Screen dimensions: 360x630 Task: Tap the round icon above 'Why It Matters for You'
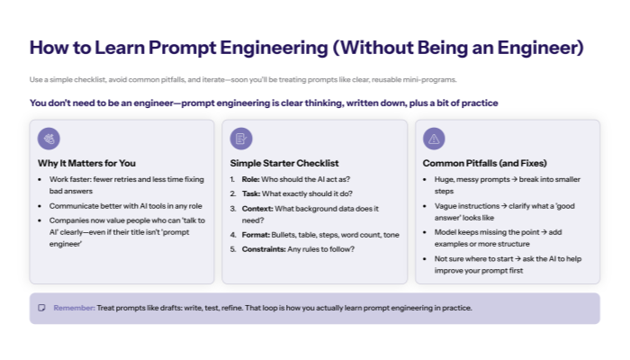click(x=49, y=139)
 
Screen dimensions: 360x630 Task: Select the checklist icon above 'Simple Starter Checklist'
click(x=241, y=139)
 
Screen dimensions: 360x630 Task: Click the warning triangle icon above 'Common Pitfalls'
click(x=434, y=139)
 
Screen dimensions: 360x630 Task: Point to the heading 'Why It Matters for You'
click(x=86, y=163)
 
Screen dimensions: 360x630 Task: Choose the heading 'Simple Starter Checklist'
click(x=284, y=163)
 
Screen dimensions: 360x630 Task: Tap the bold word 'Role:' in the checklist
click(x=251, y=179)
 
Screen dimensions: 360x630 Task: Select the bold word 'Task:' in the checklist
click(x=251, y=193)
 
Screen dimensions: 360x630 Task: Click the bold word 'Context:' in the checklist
click(x=258, y=208)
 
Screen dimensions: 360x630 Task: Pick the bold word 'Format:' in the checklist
click(x=256, y=234)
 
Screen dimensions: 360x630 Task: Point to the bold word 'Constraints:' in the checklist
click(x=264, y=248)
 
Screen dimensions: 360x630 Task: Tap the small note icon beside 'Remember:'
click(x=41, y=308)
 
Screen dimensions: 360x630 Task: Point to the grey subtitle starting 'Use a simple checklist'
click(x=243, y=79)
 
